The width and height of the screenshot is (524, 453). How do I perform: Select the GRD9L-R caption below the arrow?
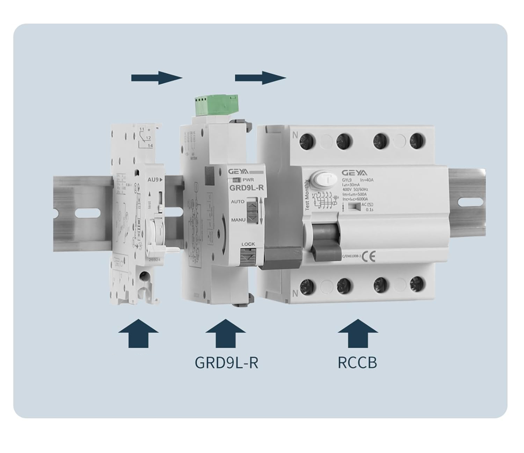tap(226, 362)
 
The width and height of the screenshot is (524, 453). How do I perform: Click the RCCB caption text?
tap(357, 362)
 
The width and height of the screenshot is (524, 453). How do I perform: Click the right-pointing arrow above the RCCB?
tap(260, 78)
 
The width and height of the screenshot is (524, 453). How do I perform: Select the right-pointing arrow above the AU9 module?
tap(157, 78)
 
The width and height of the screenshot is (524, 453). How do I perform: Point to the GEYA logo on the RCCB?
tap(354, 173)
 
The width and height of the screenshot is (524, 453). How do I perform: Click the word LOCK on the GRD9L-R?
tap(248, 244)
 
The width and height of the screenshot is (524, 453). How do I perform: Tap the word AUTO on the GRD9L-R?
tap(238, 202)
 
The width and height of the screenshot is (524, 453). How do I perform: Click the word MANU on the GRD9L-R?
tap(238, 220)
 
